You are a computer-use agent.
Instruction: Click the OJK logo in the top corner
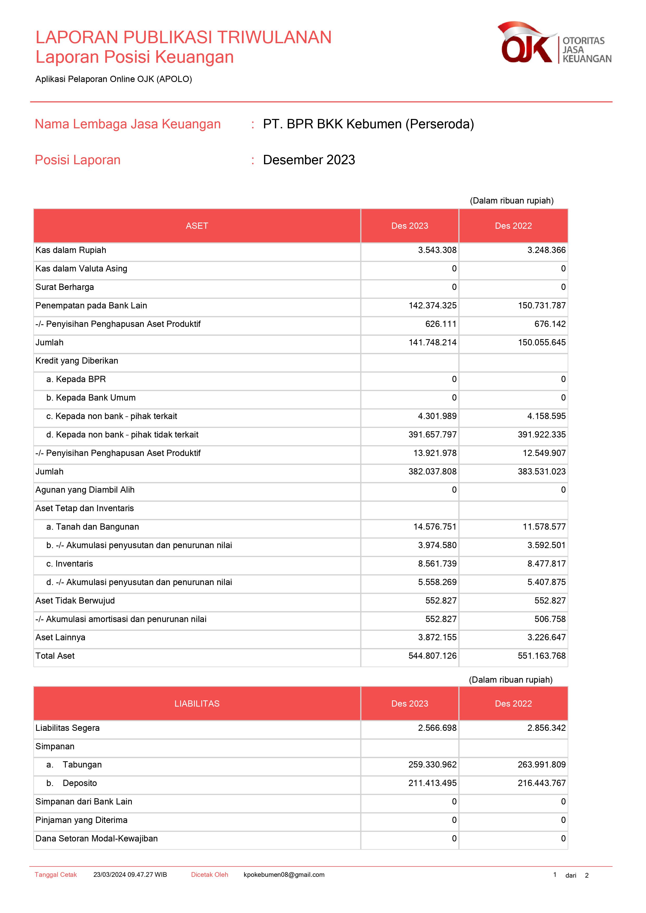(554, 43)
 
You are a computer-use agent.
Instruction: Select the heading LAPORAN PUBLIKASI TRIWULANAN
(183, 37)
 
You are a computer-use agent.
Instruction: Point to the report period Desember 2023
(309, 160)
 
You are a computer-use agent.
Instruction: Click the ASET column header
(197, 226)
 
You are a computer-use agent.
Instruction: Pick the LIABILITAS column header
(197, 703)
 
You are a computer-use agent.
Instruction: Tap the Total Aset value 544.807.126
(432, 656)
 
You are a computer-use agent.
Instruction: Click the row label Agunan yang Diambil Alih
(85, 490)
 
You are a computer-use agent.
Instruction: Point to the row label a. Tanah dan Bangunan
(93, 527)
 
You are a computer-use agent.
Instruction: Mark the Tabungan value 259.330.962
(432, 765)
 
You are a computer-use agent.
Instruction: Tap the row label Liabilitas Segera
(68, 728)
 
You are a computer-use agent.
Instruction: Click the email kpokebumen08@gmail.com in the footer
(284, 875)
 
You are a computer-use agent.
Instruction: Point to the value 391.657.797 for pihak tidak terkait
(432, 435)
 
